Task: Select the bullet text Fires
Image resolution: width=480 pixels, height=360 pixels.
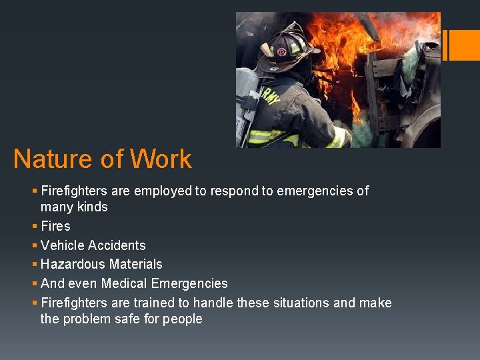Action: (55, 226)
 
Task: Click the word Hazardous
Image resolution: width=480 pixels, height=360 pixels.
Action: (71, 265)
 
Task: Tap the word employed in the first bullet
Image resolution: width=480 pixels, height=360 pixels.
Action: (163, 191)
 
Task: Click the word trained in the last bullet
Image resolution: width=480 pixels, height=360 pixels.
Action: (155, 303)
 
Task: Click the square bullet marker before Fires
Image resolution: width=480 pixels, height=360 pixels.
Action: (35, 227)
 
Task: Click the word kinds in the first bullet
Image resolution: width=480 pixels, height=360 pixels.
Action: (93, 207)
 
